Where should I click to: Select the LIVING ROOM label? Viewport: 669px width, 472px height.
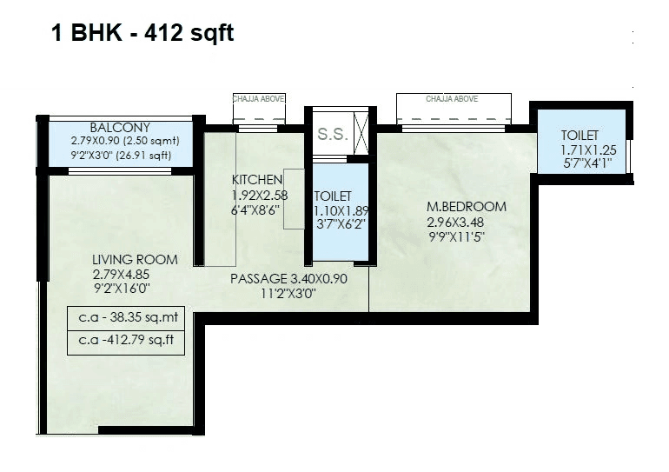[x=135, y=259]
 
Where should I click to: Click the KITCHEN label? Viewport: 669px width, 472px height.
[x=257, y=180]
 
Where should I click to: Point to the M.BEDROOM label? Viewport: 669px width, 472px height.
[x=466, y=207]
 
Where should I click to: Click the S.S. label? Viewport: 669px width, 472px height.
[x=330, y=135]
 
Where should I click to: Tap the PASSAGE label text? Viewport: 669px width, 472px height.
[x=260, y=279]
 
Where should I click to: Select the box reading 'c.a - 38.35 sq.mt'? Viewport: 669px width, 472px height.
[x=126, y=317]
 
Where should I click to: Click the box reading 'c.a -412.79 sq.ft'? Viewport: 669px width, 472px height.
[x=126, y=341]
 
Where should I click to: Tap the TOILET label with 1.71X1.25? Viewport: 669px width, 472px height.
[x=580, y=135]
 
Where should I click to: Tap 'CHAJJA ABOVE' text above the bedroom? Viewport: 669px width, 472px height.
[x=452, y=99]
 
